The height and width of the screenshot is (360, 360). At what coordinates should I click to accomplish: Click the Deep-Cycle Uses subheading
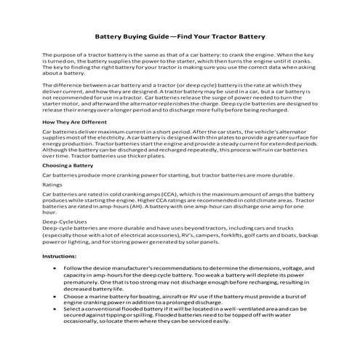65,241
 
